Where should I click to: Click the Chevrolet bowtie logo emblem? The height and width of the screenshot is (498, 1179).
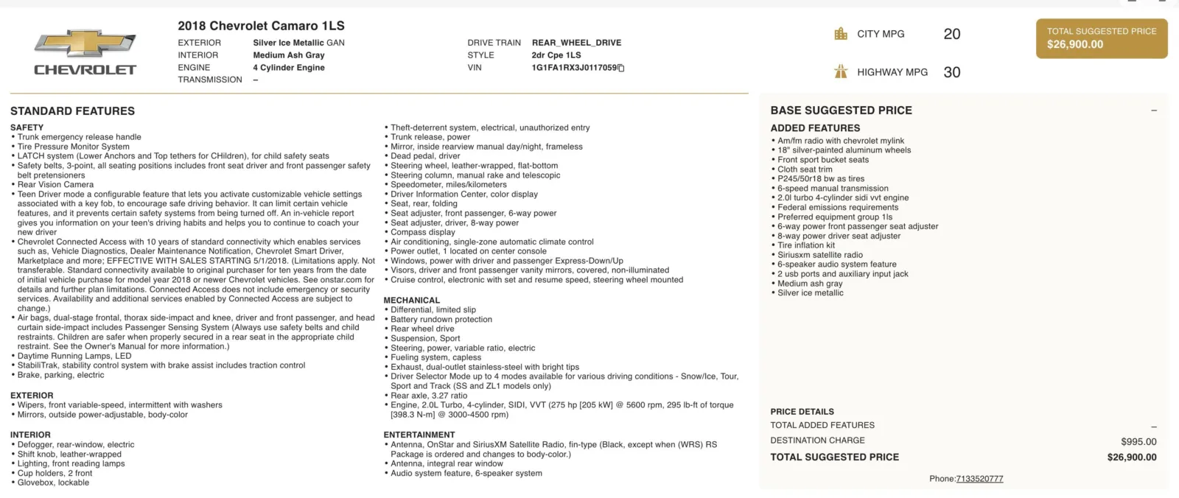85,43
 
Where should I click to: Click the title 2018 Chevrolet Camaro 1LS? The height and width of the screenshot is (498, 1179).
261,26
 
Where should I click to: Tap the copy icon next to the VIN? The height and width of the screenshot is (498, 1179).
621,69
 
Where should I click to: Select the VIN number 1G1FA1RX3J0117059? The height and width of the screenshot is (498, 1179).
574,68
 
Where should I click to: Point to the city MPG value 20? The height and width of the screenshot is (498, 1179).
951,34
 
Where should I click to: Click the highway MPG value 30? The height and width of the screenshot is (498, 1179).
951,72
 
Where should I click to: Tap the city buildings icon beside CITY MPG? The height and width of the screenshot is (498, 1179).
841,34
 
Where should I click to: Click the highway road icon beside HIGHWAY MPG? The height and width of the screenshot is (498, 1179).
841,71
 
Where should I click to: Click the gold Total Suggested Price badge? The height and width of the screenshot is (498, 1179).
1101,38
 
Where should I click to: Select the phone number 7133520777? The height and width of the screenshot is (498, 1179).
979,479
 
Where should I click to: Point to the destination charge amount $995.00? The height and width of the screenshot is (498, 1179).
1138,442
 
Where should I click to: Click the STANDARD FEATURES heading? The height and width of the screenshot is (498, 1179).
72,111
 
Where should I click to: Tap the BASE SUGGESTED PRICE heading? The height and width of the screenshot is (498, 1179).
841,111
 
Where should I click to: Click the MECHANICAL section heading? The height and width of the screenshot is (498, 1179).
411,301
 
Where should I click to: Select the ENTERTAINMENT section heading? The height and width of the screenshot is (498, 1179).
419,435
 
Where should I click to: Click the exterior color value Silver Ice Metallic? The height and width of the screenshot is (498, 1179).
288,43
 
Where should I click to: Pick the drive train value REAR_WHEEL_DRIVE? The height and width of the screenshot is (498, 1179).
576,43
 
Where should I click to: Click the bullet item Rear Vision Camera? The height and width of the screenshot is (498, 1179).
55,185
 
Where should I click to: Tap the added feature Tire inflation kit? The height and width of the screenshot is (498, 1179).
806,245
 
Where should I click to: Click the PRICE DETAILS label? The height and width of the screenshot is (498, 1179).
802,412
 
